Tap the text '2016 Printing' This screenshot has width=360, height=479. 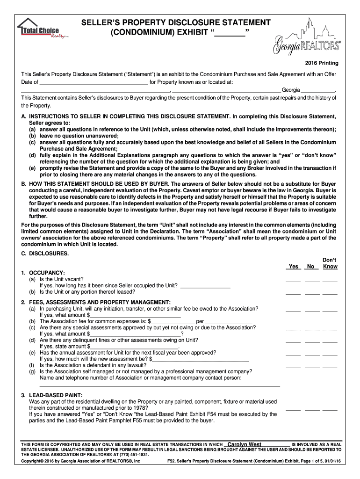(322, 63)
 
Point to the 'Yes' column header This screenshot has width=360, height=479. (293, 267)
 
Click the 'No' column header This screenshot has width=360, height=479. (310, 267)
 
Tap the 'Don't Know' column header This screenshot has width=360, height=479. (330, 263)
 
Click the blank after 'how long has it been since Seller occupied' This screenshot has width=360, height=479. (205, 286)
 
